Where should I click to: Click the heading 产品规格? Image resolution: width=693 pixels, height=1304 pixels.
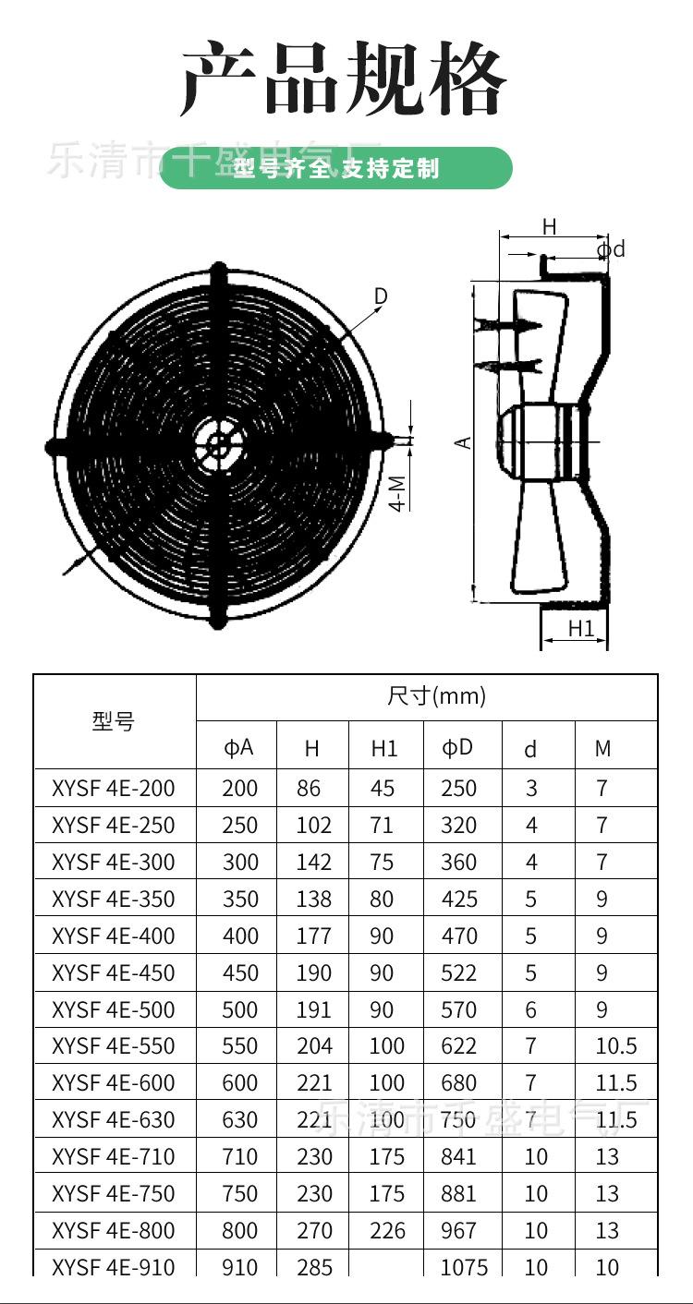[x=344, y=78]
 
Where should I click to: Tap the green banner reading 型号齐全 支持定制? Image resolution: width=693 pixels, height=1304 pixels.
[x=336, y=168]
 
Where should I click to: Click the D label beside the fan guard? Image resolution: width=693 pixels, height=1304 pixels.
[x=381, y=296]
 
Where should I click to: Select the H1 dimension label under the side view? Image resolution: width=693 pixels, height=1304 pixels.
[x=580, y=629]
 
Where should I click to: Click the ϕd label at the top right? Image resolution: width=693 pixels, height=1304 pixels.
[x=611, y=249]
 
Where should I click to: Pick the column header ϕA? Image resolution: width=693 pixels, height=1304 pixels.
[x=238, y=747]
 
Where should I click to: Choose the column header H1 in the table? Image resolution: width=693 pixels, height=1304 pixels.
[x=383, y=749]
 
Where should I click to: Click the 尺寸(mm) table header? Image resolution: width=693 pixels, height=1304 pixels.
[x=436, y=696]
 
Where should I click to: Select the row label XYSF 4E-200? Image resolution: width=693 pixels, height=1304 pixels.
[x=113, y=789]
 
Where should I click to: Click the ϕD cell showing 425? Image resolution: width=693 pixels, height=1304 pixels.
[x=459, y=900]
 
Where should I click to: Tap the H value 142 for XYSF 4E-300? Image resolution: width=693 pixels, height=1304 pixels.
[x=314, y=863]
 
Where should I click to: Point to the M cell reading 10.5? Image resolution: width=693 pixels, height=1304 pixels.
[x=616, y=1046]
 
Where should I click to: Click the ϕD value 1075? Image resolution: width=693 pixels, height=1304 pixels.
[x=464, y=1267]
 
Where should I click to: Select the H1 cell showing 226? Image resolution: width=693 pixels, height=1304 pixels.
[x=387, y=1231]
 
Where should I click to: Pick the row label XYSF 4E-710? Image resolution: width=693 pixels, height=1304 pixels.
[x=113, y=1157]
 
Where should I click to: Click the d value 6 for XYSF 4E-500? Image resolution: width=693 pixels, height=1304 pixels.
[x=530, y=1010]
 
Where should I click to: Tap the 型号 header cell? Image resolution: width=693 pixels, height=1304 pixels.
[x=113, y=722]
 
